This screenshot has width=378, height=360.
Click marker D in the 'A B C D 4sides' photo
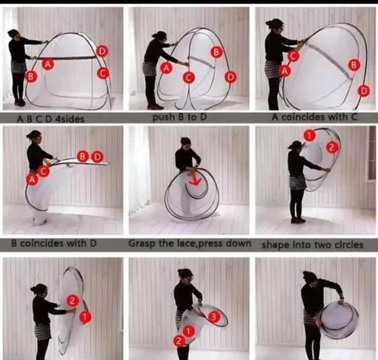tap(102, 51)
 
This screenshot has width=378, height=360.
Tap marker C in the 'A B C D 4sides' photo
tap(103, 73)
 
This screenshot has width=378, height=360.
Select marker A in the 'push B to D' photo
tap(167, 68)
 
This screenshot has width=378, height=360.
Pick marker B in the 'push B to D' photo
tap(216, 52)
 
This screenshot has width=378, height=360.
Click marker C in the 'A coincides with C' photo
tap(293, 56)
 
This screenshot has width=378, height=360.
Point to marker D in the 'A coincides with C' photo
tap(364, 91)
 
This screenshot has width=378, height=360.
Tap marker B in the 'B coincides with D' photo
tap(83, 156)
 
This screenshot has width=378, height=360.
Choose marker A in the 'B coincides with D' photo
tap(32, 179)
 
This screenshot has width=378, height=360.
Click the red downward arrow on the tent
tap(196, 179)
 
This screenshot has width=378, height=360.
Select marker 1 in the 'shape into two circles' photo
tap(309, 135)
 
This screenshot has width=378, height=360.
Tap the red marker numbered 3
tap(213, 317)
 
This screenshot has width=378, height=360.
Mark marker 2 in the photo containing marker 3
tap(179, 341)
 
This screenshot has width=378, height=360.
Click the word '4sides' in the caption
tap(70, 120)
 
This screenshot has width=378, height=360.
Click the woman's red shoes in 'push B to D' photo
tap(155, 107)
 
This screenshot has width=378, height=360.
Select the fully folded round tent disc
tap(339, 320)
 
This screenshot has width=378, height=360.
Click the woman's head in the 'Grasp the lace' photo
tap(185, 144)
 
